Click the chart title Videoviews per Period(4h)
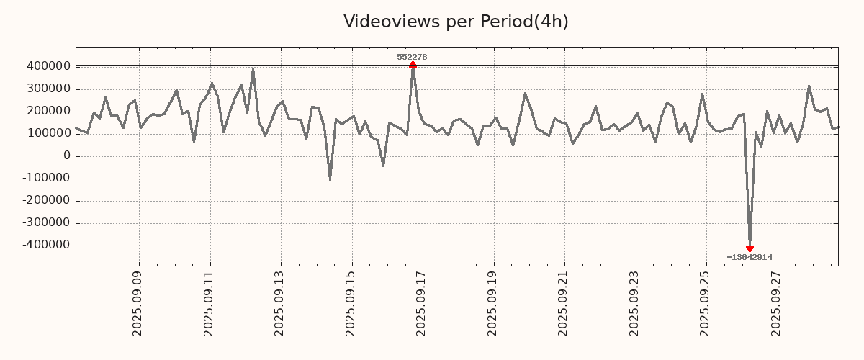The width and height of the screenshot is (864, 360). click(x=456, y=22)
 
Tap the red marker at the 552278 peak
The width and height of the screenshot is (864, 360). click(x=413, y=66)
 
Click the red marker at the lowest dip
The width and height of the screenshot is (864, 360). click(x=750, y=248)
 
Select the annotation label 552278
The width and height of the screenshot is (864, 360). click(x=413, y=57)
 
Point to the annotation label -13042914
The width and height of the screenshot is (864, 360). click(x=750, y=257)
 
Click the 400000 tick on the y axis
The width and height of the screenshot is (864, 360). click(x=48, y=67)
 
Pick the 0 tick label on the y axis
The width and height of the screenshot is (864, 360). click(x=67, y=156)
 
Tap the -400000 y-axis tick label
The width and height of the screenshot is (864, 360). click(x=45, y=246)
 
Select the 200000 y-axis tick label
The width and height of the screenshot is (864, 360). click(x=48, y=112)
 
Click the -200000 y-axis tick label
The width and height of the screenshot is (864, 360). click(x=45, y=201)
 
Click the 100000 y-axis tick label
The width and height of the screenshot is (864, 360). click(x=48, y=134)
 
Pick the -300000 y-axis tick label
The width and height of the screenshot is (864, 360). click(x=45, y=223)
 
